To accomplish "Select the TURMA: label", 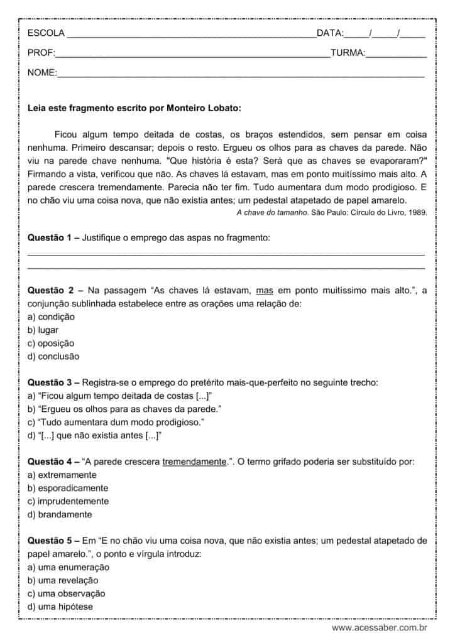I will pyautogui.click(x=348, y=53).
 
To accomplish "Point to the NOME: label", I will pyautogui.click(x=42, y=73).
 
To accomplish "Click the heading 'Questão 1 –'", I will pyautogui.click(x=53, y=238).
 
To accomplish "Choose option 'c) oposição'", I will pyautogui.click(x=51, y=343).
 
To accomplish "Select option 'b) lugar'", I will pyautogui.click(x=43, y=330).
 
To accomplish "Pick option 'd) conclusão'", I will pyautogui.click(x=53, y=357).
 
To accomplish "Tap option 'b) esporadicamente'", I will pyautogui.click(x=68, y=488).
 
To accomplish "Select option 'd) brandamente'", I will pyautogui.click(x=60, y=514).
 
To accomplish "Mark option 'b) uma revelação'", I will pyautogui.click(x=63, y=580).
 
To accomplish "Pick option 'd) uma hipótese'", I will pyautogui.click(x=60, y=607).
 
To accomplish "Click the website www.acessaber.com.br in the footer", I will pyautogui.click(x=379, y=627).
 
